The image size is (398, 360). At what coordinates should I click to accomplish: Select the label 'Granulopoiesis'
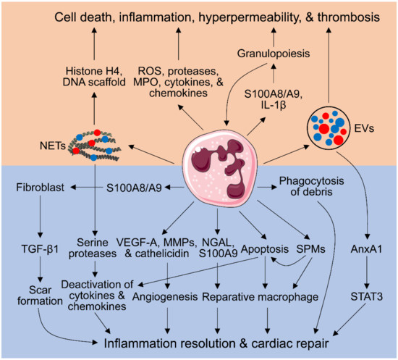click(276, 53)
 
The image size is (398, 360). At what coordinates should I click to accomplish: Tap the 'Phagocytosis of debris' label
click(313, 190)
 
